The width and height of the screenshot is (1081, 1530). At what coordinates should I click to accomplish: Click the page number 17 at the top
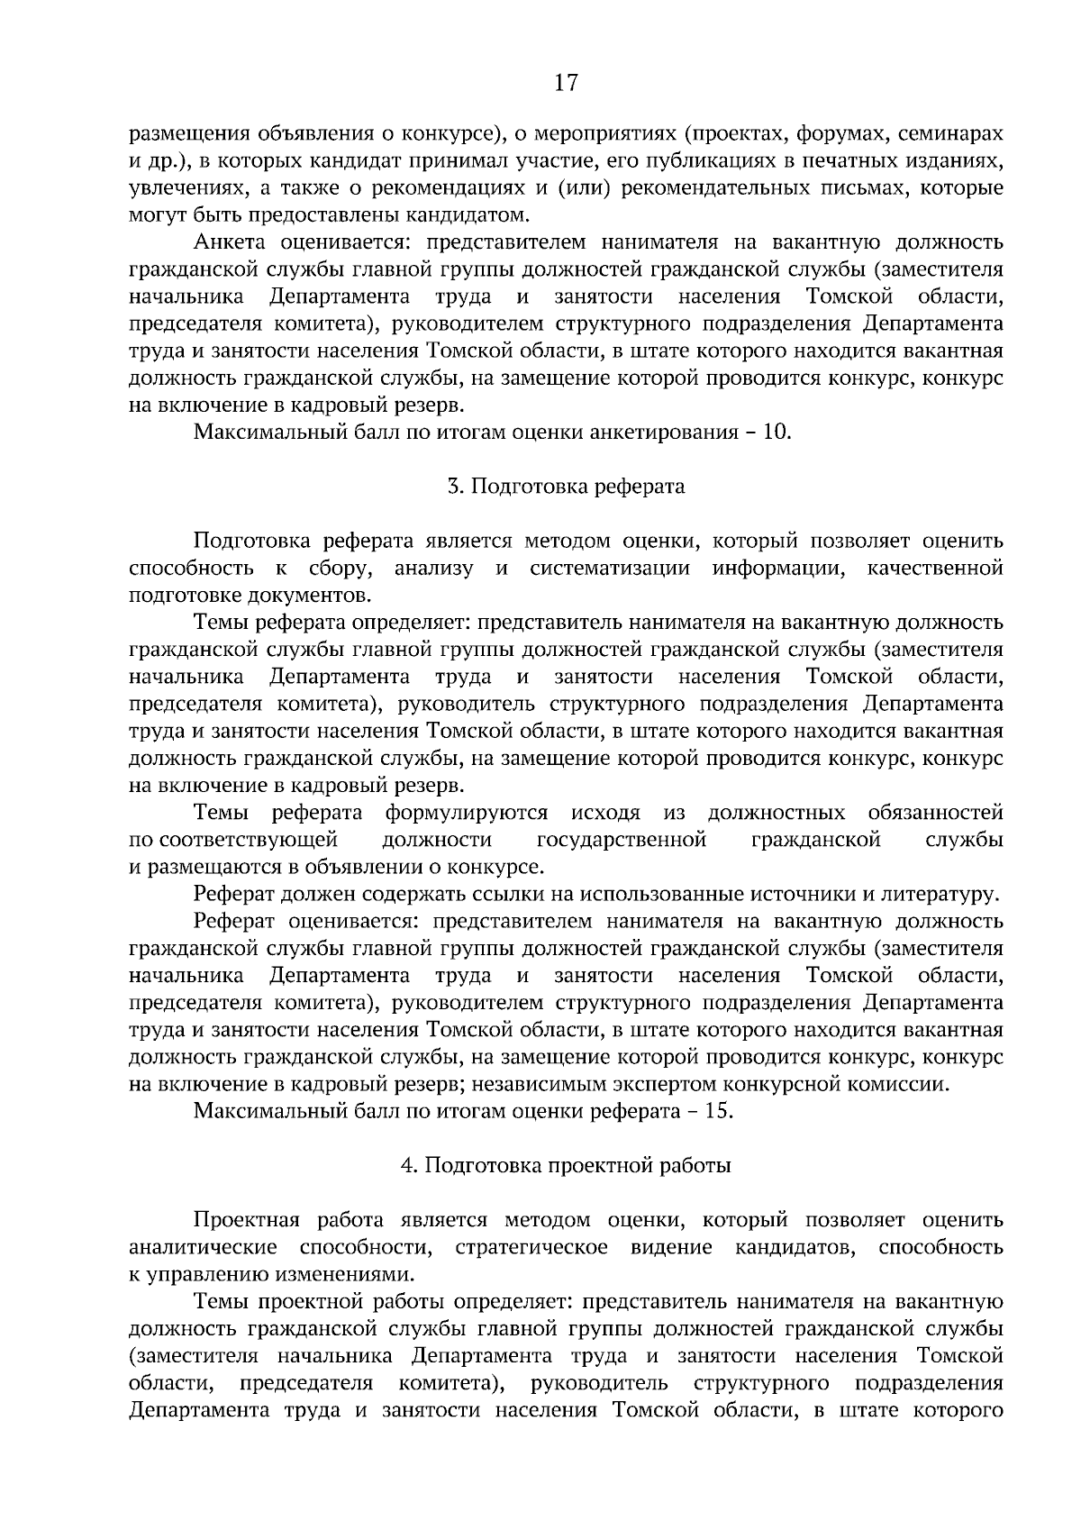565,83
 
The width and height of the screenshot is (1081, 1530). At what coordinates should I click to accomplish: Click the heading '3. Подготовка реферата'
566,487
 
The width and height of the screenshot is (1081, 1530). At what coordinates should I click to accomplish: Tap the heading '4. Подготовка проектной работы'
566,1165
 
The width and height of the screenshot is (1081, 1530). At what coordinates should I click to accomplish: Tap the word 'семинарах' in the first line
955,134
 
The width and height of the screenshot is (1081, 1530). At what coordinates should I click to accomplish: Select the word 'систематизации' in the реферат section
610,569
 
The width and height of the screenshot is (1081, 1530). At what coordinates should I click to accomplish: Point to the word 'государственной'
621,840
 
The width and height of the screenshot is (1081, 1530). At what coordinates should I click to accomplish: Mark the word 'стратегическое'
531,1247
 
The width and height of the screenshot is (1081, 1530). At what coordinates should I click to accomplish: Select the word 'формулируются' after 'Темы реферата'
466,813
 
